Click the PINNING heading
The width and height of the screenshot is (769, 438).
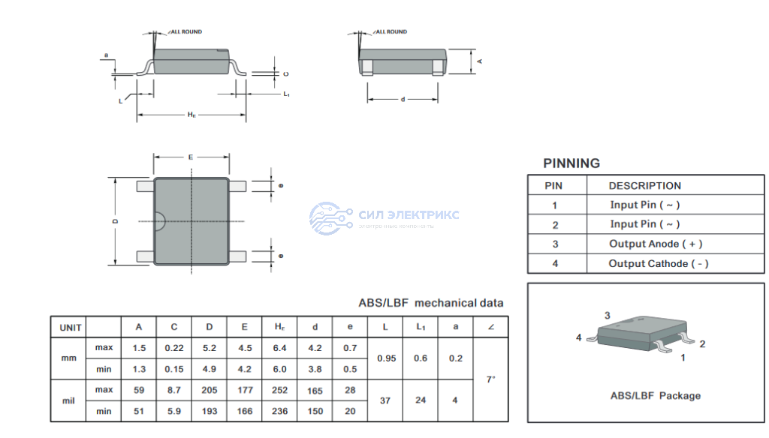571,163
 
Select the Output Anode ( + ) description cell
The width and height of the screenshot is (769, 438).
655,244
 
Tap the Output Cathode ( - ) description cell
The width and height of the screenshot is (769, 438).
658,263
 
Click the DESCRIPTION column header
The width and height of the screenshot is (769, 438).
644,186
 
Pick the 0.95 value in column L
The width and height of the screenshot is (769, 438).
386,358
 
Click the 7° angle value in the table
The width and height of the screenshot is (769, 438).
490,379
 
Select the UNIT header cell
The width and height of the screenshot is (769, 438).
71,327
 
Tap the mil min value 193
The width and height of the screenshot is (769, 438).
209,411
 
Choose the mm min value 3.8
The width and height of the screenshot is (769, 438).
315,369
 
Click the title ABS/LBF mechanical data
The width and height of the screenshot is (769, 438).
431,303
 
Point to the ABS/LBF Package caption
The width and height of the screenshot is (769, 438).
655,395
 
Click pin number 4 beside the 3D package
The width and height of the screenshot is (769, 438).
579,337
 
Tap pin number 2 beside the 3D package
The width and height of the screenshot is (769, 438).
702,343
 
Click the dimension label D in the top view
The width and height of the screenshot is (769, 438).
115,222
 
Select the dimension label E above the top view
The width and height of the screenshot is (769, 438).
191,157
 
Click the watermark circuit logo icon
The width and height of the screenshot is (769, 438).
330,216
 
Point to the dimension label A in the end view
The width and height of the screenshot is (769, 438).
478,60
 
